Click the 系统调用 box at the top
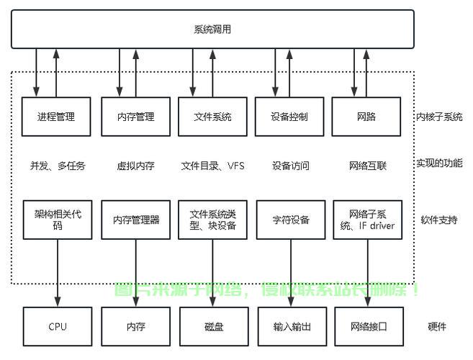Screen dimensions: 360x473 click(212, 29)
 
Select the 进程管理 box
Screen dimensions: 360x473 click(56, 117)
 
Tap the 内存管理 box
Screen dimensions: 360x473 click(135, 117)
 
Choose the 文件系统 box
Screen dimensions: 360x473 click(212, 117)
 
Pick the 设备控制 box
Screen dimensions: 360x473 click(289, 117)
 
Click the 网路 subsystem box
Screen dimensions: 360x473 click(366, 117)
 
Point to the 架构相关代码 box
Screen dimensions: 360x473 click(58, 220)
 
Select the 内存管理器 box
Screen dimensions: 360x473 click(136, 220)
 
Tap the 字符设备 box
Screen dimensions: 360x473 click(291, 220)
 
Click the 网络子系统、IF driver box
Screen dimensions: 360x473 click(368, 220)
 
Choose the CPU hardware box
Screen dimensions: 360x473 click(58, 326)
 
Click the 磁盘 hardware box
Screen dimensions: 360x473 click(214, 326)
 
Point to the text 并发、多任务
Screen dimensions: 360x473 click(58, 166)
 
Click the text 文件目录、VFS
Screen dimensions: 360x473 click(212, 166)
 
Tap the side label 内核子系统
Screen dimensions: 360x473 click(438, 117)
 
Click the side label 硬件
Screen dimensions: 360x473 click(436, 326)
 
